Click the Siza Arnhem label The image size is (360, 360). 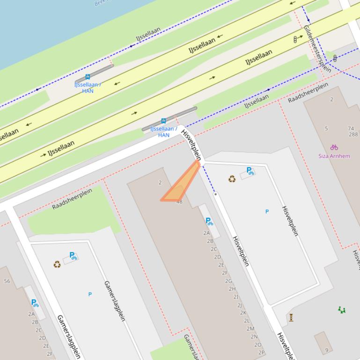click(334, 156)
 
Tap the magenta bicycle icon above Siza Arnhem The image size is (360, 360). click(334, 147)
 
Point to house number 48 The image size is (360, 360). click(179, 202)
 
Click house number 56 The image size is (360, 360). click(7, 281)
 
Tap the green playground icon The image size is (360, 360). click(342, 310)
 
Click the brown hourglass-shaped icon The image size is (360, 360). click(291, 317)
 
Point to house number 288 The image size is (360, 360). click(353, 135)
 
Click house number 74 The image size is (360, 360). click(351, 128)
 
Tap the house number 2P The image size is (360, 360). click(261, 353)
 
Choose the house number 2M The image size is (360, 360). click(250, 329)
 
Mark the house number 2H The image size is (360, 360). click(232, 289)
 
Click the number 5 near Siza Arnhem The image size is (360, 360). click(326, 129)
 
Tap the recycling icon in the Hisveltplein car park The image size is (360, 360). click(232, 179)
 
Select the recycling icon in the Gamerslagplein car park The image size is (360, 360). click(57, 265)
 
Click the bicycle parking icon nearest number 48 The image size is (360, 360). click(209, 222)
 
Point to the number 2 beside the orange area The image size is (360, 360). click(160, 182)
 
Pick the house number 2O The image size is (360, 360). click(257, 345)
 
